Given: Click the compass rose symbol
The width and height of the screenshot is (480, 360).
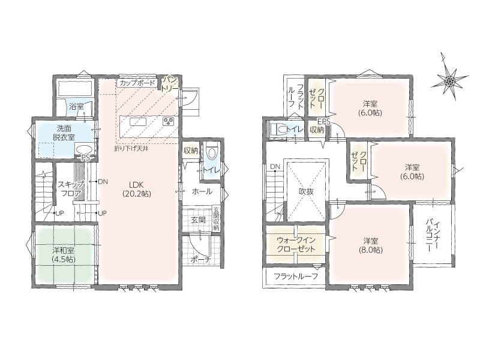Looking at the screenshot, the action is pos(449,80).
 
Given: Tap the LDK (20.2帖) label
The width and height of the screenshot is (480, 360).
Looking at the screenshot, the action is pos(137,189).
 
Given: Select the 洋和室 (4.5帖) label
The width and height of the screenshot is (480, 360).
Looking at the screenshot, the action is pos(64,254).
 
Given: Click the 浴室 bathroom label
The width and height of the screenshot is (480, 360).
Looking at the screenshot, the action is pos(76,107).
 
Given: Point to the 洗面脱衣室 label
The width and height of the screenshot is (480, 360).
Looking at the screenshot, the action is pos(64,132).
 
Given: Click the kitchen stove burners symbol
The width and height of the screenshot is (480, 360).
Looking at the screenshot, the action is pos(168,122).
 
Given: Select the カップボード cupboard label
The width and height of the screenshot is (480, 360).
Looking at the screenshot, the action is pos(137,83).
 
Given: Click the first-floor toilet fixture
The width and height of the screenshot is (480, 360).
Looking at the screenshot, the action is pos(211,152).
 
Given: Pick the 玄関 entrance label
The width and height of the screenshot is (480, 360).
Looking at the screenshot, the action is pos(199,220).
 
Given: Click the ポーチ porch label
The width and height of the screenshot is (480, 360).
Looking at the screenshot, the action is pos(201,260).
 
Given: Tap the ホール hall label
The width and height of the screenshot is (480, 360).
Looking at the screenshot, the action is pos(202,191).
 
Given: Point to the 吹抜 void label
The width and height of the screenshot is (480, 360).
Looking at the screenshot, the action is pos(306,191).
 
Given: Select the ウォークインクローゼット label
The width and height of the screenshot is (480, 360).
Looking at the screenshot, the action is pos(296,244).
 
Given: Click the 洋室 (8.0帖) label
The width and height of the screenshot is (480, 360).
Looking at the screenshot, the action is pos(370,245).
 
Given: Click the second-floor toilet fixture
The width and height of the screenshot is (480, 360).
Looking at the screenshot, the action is pos(278,130).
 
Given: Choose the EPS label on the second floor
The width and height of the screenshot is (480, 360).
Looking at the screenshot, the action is pos(324,122).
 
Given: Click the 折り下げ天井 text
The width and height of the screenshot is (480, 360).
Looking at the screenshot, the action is pos(131,149).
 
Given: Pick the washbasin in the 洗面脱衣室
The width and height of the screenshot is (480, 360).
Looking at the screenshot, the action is pos(85,150).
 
